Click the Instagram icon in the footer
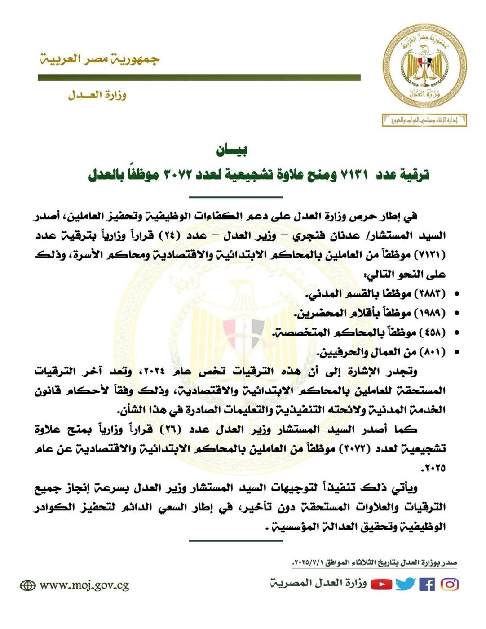click(450, 584)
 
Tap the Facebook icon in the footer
click(427, 585)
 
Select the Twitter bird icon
click(406, 584)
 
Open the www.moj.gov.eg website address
click(84, 585)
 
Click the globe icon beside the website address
click(28, 586)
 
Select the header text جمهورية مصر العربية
click(100, 59)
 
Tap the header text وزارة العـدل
click(97, 95)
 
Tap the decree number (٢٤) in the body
click(170, 235)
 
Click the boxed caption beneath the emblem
click(424, 120)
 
